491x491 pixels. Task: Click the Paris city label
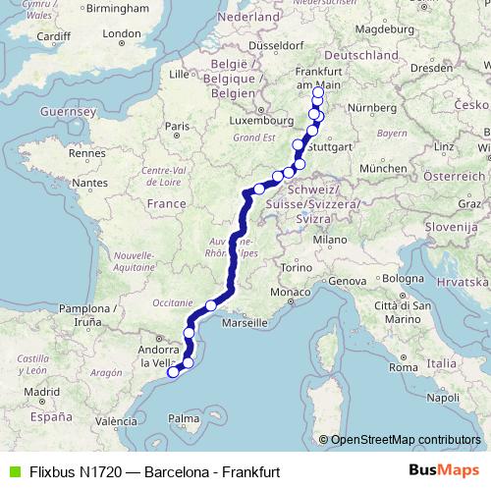click(177, 127)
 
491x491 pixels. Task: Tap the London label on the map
click(122, 33)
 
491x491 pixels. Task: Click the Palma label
click(183, 419)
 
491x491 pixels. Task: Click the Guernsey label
click(66, 113)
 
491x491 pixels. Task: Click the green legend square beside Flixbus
click(12, 471)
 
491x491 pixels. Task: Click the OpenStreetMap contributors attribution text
click(406, 440)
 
